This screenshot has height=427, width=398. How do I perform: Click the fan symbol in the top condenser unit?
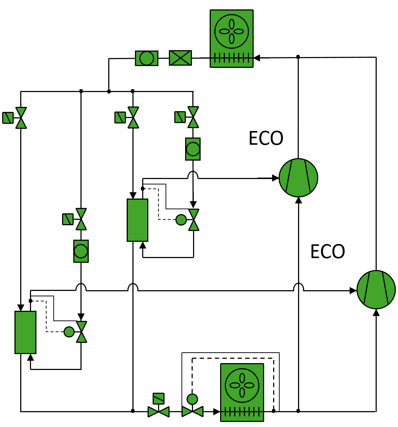[x=232, y=31]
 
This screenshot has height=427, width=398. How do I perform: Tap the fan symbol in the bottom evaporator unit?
[x=242, y=385]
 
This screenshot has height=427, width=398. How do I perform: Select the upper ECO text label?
[x=266, y=138]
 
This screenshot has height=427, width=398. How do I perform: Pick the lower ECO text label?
[x=328, y=252]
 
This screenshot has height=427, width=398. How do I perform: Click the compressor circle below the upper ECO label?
[x=298, y=178]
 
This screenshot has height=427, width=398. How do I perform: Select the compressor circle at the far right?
[x=376, y=289]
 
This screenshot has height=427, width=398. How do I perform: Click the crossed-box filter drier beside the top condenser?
[x=180, y=58]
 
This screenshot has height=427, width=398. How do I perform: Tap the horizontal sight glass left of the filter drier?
[x=146, y=58]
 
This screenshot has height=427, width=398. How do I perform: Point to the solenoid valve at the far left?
[x=21, y=118]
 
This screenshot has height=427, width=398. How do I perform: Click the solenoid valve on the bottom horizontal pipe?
[x=158, y=411]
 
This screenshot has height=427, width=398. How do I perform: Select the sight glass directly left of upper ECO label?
[x=193, y=149]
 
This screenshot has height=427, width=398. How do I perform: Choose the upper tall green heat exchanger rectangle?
[x=137, y=220]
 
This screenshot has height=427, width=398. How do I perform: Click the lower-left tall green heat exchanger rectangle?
[x=25, y=332]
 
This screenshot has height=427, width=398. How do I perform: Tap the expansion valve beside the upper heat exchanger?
[x=194, y=219]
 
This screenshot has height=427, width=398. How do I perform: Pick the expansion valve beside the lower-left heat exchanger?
[x=82, y=332]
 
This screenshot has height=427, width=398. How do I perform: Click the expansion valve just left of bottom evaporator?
[x=192, y=411]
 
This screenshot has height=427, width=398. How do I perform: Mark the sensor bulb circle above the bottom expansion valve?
[x=192, y=399]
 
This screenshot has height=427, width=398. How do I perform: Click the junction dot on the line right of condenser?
[x=298, y=57]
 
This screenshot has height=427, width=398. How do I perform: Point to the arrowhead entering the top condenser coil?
[x=257, y=57]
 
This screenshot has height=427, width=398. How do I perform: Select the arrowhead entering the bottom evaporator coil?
[x=217, y=411]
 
